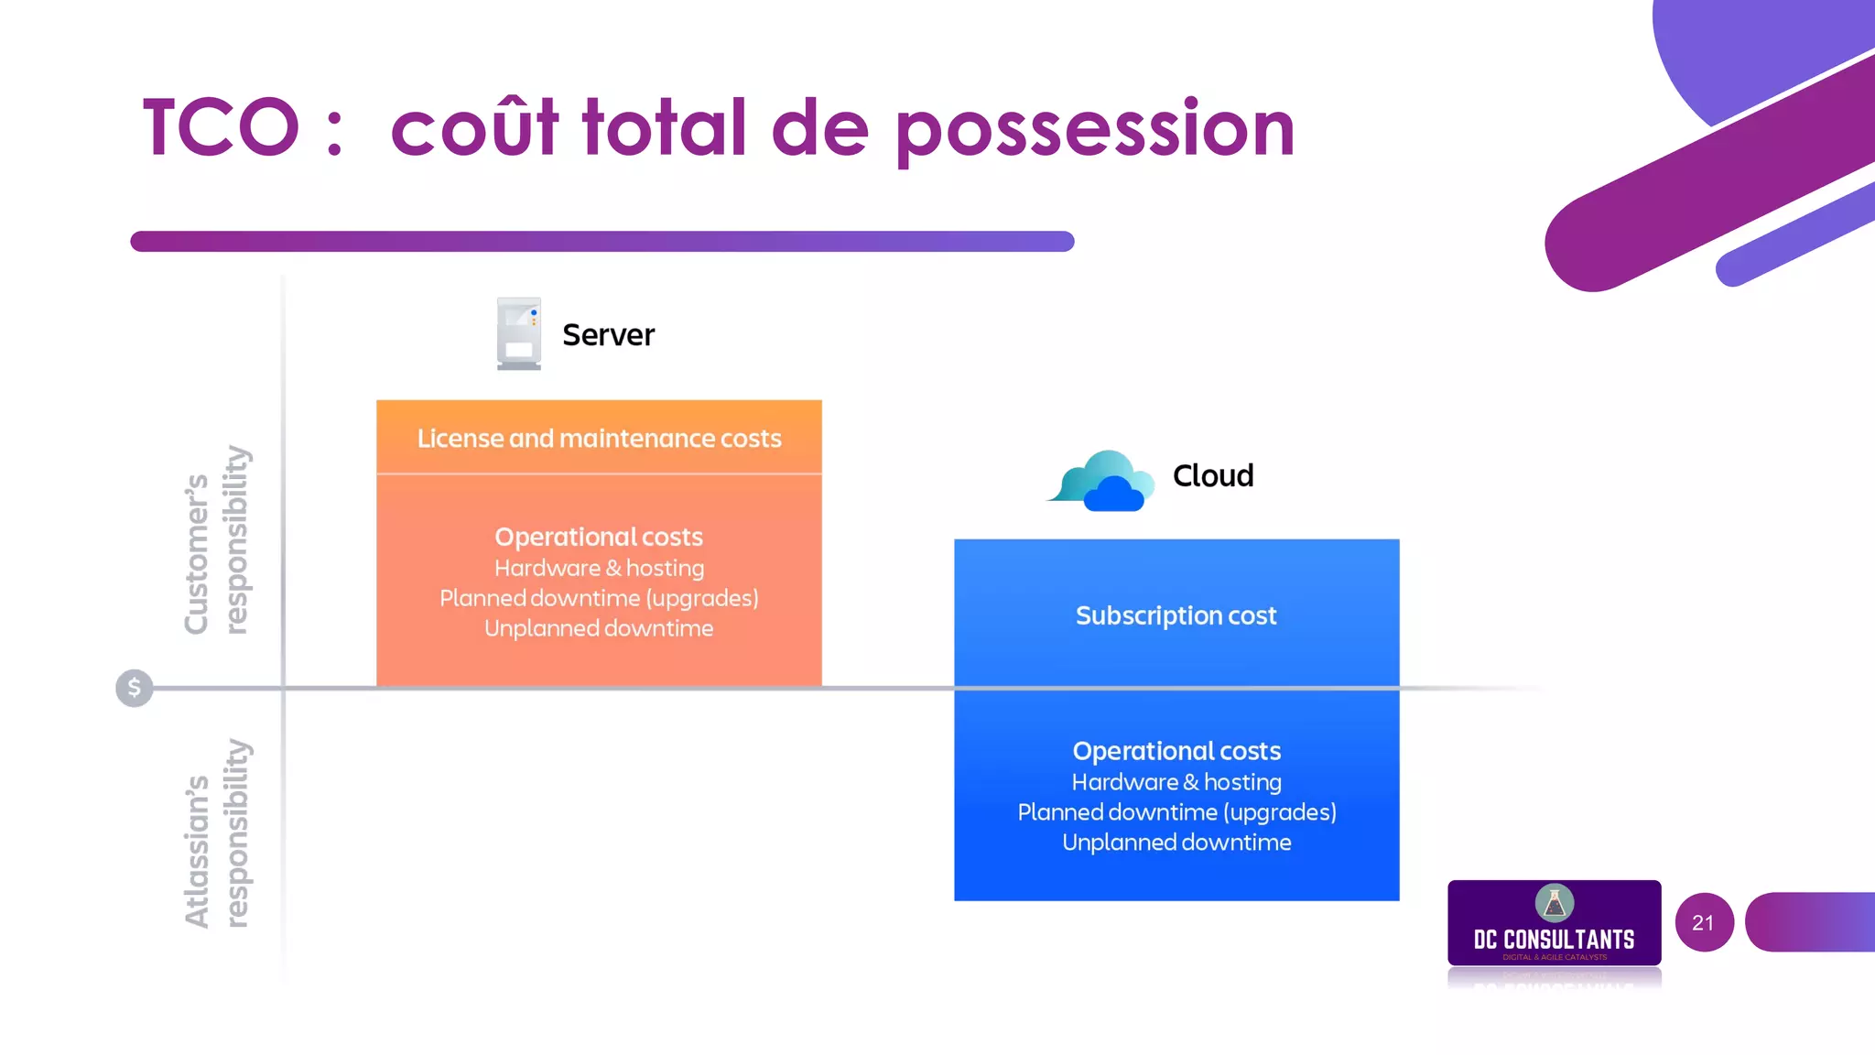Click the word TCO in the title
tap(221, 127)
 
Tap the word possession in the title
tap(1095, 129)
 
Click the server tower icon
tap(519, 333)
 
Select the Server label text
tap(608, 335)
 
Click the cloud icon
tap(1101, 480)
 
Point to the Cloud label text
tap(1213, 476)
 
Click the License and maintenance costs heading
tap(599, 439)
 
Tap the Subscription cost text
tap(1176, 615)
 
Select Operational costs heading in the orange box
tap(599, 537)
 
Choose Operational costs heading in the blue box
tap(1176, 751)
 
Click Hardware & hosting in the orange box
tap(599, 568)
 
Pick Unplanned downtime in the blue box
tap(1176, 843)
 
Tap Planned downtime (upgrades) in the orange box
tap(599, 598)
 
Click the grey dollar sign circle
tap(135, 688)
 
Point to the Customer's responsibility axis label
tap(216, 540)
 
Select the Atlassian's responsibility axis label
tap(216, 833)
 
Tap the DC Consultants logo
tap(1554, 923)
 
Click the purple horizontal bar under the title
tap(602, 242)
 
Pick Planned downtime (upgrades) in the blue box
tap(1176, 812)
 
